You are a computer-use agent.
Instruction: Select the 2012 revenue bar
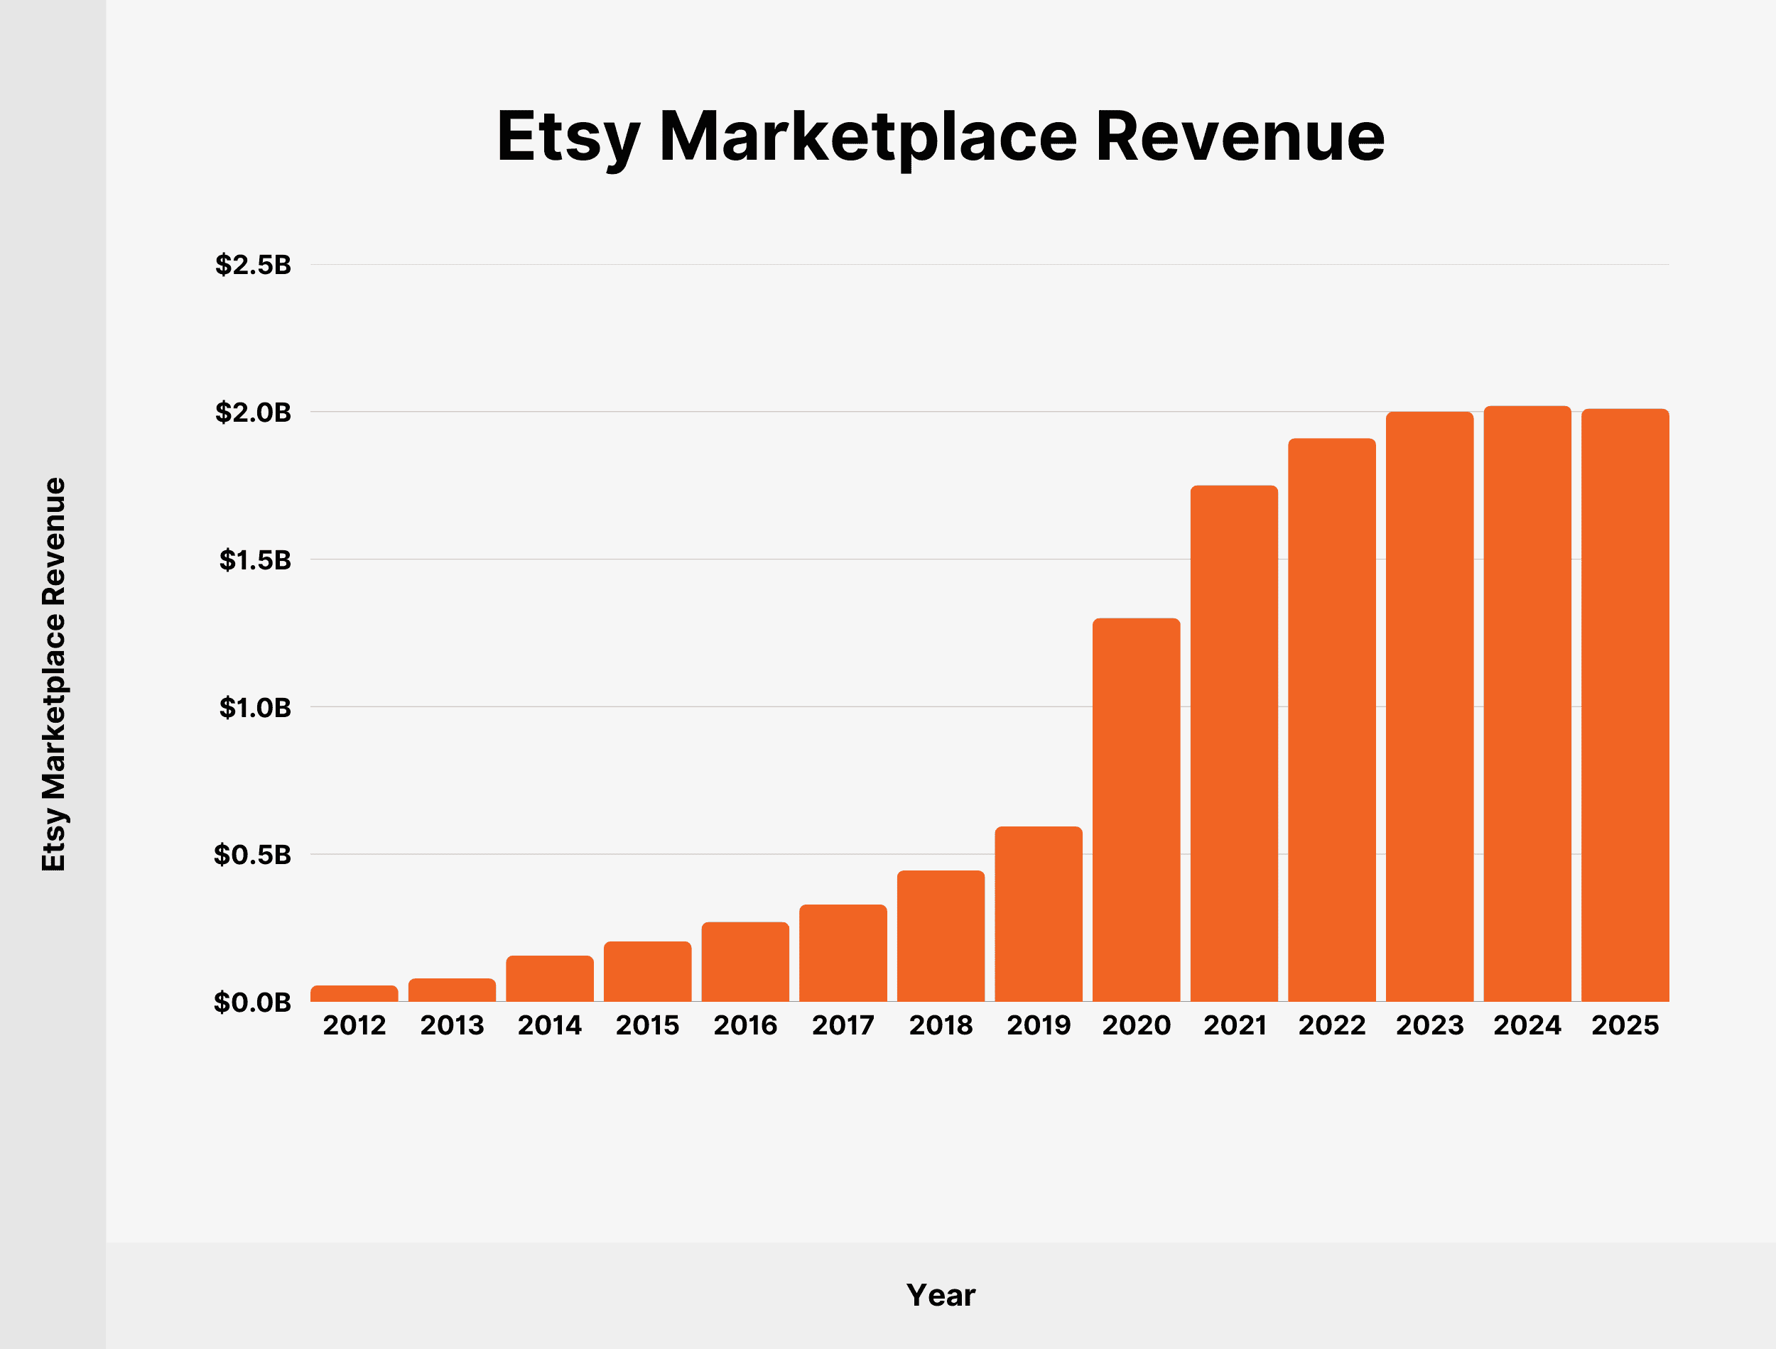[354, 993]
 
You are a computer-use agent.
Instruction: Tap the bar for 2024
[1527, 704]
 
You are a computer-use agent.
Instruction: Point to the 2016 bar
[745, 962]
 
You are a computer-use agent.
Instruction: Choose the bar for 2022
[1332, 719]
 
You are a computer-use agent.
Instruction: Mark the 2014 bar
[549, 978]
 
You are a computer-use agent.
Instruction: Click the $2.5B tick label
[253, 264]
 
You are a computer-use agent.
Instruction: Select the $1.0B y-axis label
[254, 707]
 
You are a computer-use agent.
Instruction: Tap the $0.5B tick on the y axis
[253, 854]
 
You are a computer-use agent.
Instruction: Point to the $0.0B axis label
[253, 1002]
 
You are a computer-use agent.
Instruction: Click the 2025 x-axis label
[1625, 1025]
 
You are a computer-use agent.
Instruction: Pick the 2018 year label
[941, 1025]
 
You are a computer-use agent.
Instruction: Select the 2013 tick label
[453, 1025]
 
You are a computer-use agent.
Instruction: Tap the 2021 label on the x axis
[1235, 1025]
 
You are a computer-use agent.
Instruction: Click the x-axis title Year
[941, 1295]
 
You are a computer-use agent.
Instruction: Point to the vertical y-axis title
[54, 674]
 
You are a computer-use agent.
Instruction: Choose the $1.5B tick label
[254, 559]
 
